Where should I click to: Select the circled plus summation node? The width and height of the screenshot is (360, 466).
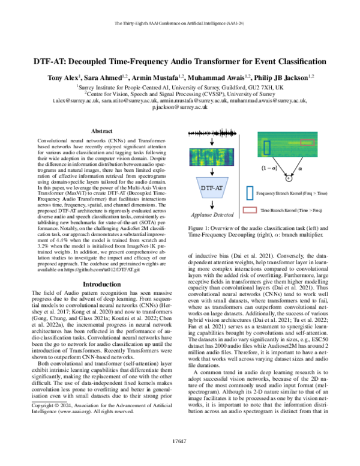288,178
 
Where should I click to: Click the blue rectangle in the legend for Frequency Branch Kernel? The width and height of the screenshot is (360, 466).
249,193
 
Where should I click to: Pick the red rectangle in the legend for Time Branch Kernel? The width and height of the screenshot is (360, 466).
249,211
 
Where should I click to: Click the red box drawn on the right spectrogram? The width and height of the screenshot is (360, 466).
307,142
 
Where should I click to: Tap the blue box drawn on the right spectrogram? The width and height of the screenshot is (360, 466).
266,146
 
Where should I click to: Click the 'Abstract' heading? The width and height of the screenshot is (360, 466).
100,130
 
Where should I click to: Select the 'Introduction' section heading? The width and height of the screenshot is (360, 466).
100,267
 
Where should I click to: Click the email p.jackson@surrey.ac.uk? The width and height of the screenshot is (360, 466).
180,109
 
